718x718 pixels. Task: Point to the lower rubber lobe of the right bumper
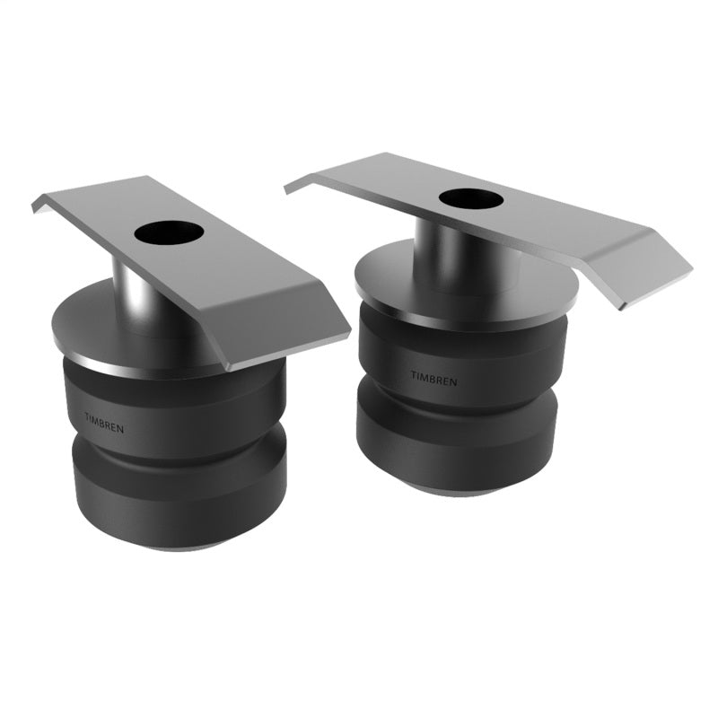pos(458,444)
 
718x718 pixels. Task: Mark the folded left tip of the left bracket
pos(41,205)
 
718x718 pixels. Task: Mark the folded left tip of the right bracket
pos(296,185)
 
